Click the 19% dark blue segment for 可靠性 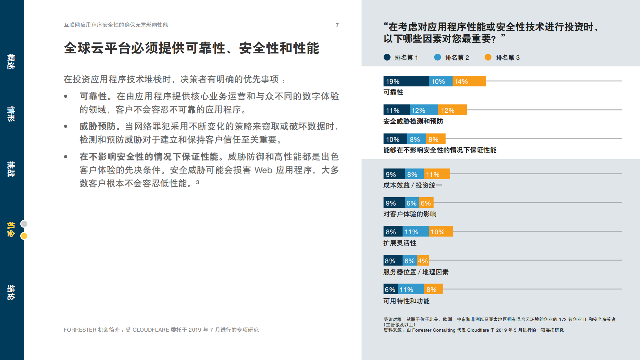pyautogui.click(x=406, y=81)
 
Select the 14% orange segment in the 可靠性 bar pyautogui.click(x=469, y=81)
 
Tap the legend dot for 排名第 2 pyautogui.click(x=438, y=57)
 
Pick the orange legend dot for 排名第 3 pyautogui.click(x=488, y=57)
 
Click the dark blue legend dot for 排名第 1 pyautogui.click(x=387, y=57)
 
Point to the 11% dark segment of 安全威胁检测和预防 pyautogui.click(x=396, y=110)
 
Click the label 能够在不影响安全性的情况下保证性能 pyautogui.click(x=440, y=150)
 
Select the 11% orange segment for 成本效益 pyautogui.click(x=437, y=174)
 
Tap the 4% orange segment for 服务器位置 pyautogui.click(x=423, y=261)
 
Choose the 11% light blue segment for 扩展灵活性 pyautogui.click(x=415, y=232)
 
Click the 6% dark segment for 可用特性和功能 pyautogui.click(x=390, y=289)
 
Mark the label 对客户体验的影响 pyautogui.click(x=410, y=214)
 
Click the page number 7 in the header pyautogui.click(x=337, y=25)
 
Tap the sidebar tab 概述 pyautogui.click(x=11, y=62)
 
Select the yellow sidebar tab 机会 pyautogui.click(x=11, y=229)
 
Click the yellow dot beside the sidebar pyautogui.click(x=24, y=236)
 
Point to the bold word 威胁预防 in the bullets pyautogui.click(x=97, y=126)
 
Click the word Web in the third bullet pyautogui.click(x=263, y=170)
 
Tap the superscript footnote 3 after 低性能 pyautogui.click(x=197, y=182)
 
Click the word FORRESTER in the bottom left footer pyautogui.click(x=80, y=330)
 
